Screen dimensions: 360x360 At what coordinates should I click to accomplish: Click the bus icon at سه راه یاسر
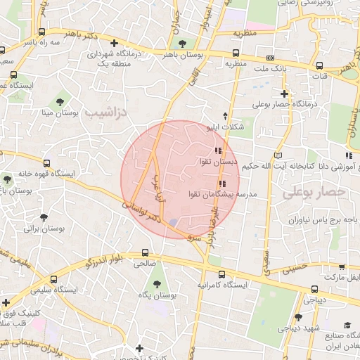pyautogui.click(x=43, y=32)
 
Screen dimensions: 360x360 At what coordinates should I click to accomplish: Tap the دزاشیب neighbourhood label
pyautogui.click(x=103, y=112)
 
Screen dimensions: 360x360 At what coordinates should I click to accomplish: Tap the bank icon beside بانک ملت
pyautogui.click(x=271, y=58)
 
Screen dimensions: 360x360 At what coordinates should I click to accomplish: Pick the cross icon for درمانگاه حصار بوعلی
pyautogui.click(x=284, y=94)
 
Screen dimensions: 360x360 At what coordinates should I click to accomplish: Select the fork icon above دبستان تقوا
pyautogui.click(x=219, y=150)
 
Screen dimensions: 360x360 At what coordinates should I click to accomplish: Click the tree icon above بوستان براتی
pyautogui.click(x=44, y=217)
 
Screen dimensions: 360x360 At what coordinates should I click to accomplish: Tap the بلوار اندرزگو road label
pyautogui.click(x=108, y=259)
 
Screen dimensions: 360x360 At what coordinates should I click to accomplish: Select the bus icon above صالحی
pyautogui.click(x=145, y=252)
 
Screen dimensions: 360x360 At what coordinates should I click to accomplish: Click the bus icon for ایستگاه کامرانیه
pyautogui.click(x=222, y=274)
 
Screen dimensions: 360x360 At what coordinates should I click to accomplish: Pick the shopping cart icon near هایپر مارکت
pyautogui.click(x=342, y=267)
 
